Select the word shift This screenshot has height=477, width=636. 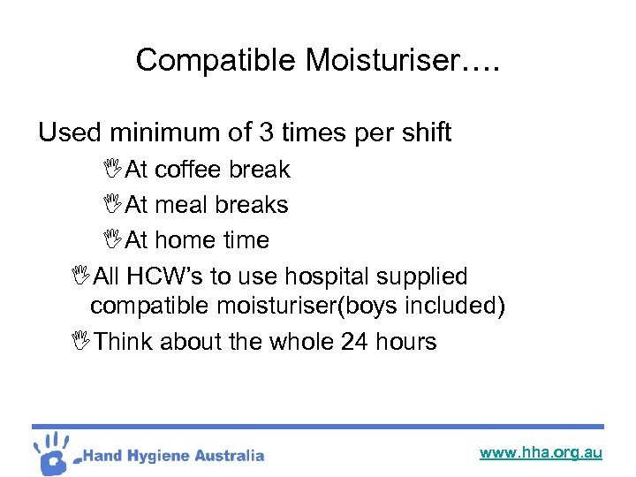point(420,132)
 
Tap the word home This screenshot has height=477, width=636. point(185,240)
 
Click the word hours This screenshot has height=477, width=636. point(405,342)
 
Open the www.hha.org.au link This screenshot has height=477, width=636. point(541,453)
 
